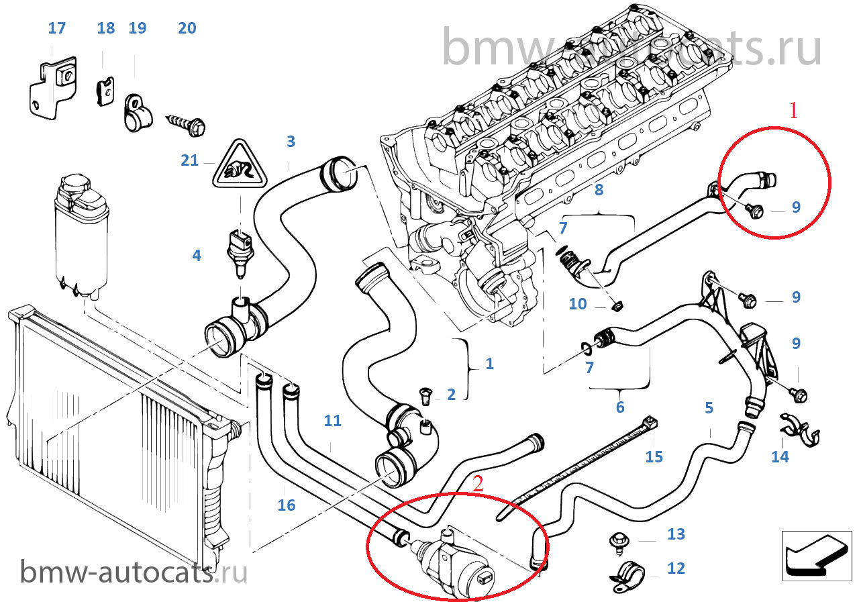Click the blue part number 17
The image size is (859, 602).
click(x=57, y=28)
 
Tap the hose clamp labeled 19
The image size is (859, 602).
click(x=136, y=112)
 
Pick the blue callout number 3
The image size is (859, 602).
click(x=291, y=142)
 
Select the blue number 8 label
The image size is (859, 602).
click(x=599, y=190)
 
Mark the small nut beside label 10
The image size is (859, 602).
click(x=618, y=306)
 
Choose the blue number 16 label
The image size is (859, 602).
click(x=287, y=505)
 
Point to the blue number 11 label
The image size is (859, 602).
click(x=332, y=421)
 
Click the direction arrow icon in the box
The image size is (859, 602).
click(x=813, y=554)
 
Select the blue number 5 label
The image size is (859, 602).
click(x=709, y=407)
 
